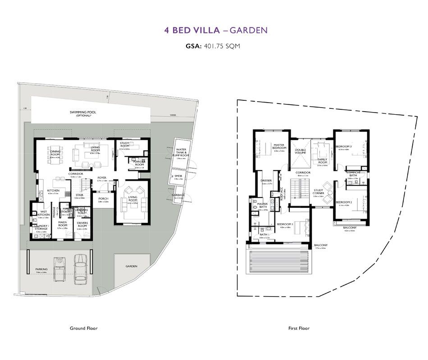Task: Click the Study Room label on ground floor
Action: click(124, 145)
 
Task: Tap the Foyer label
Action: click(102, 178)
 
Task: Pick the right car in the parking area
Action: click(80, 269)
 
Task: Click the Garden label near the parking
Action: click(132, 266)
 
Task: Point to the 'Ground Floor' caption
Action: click(83, 328)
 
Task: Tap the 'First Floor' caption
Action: click(299, 328)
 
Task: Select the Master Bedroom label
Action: click(280, 146)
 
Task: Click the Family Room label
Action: click(322, 161)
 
